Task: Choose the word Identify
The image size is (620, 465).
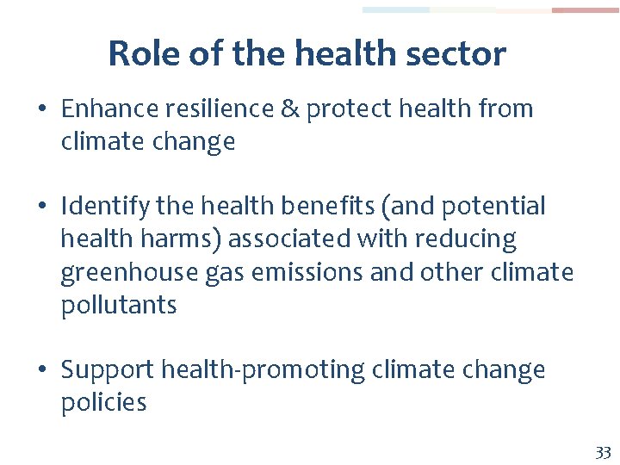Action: pyautogui.click(x=96, y=207)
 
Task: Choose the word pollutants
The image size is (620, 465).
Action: pyautogui.click(x=119, y=306)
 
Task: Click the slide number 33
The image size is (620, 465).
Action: pyautogui.click(x=602, y=453)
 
